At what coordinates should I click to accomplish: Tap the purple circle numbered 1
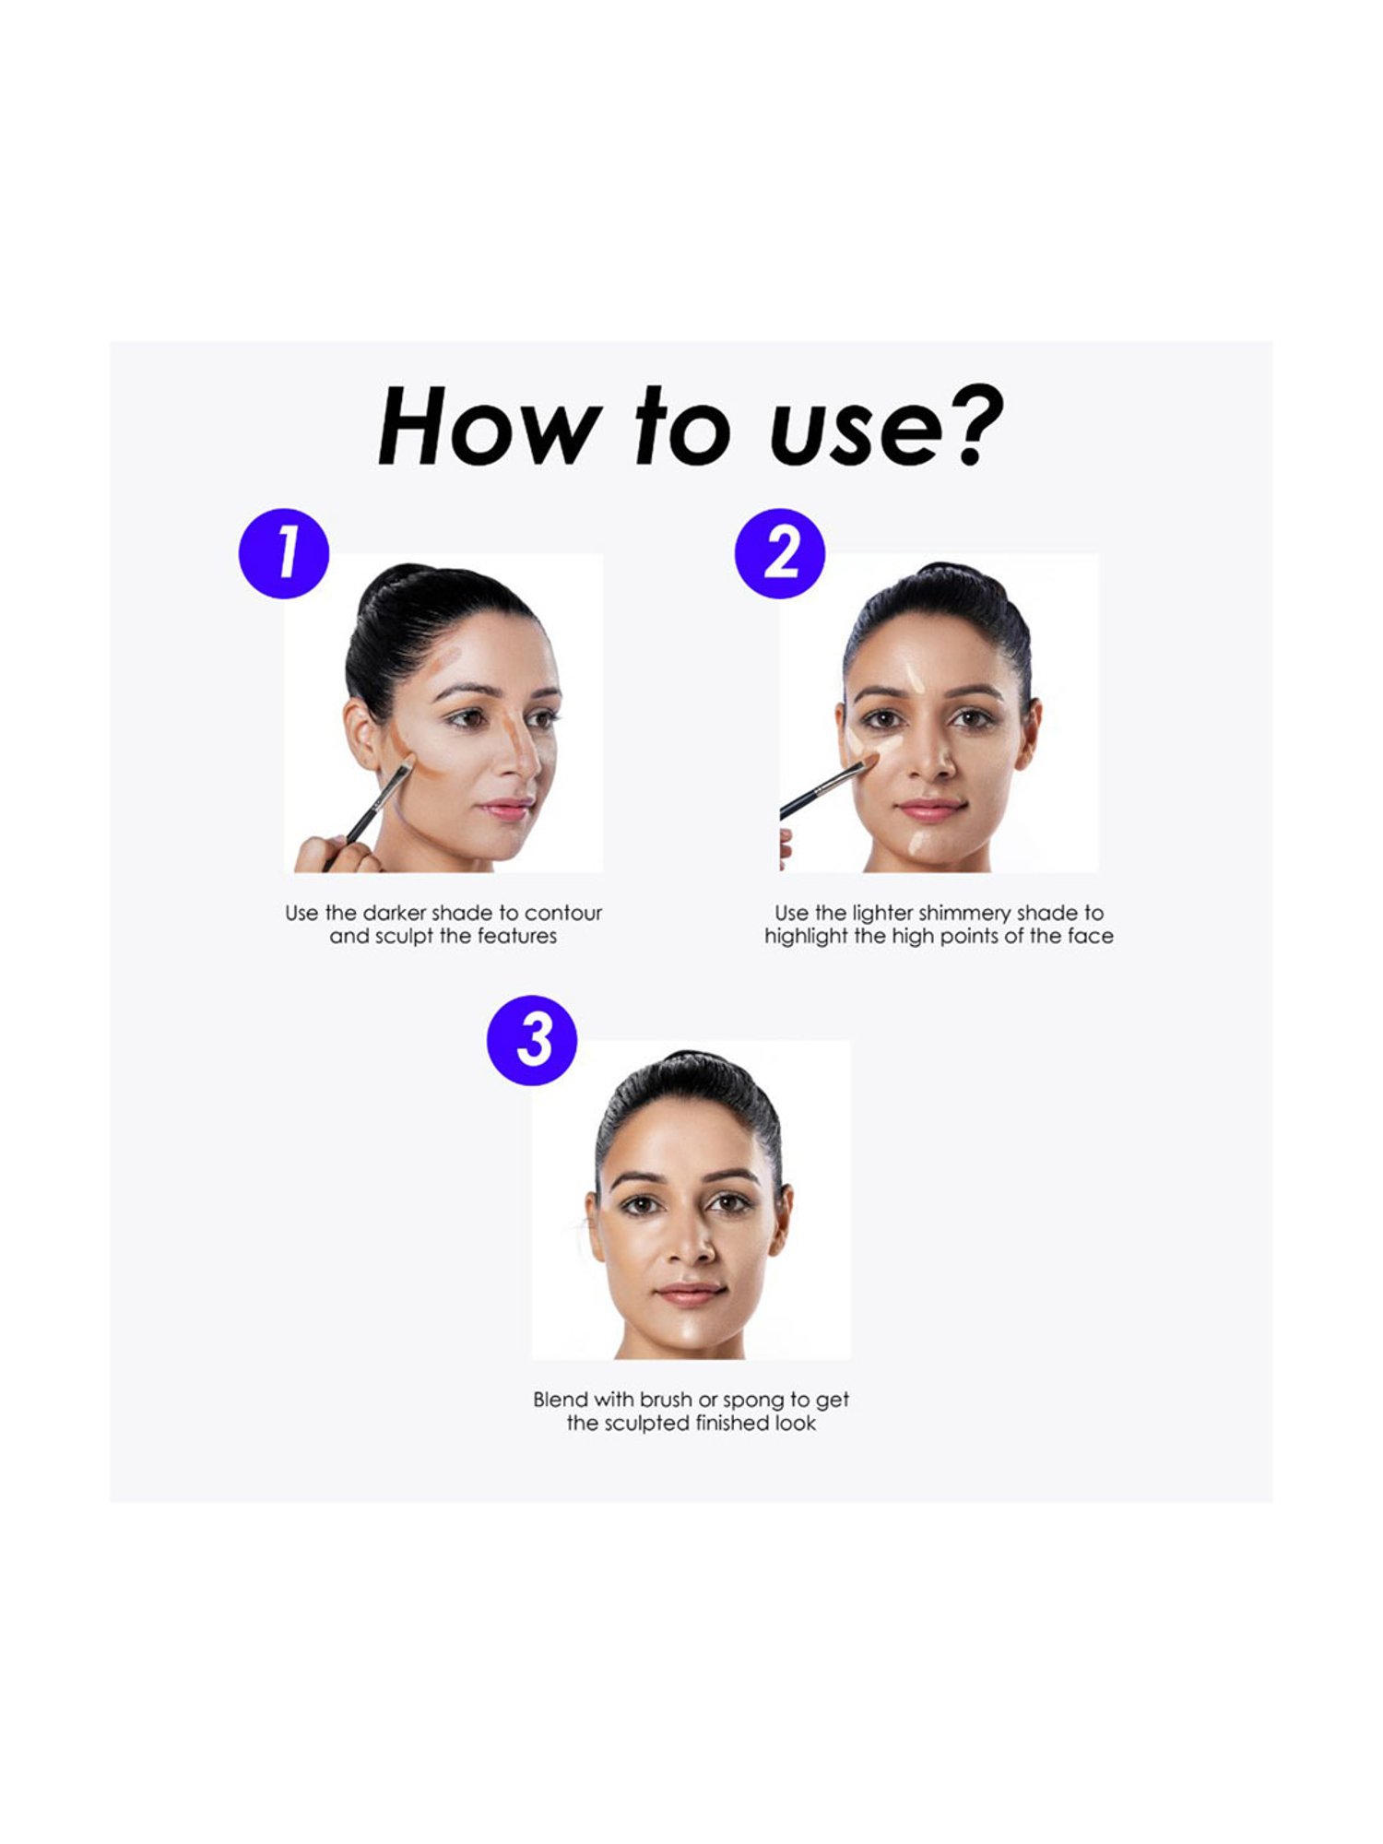[x=284, y=553]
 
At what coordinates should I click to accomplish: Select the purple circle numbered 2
[x=780, y=553]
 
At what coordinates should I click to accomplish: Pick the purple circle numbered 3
[x=532, y=1040]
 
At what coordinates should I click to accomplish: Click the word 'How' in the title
[x=487, y=425]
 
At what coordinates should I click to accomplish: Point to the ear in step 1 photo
[x=361, y=734]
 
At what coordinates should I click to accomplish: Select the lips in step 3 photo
[x=691, y=1294]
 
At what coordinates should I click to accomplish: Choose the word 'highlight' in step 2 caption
[x=806, y=938]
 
